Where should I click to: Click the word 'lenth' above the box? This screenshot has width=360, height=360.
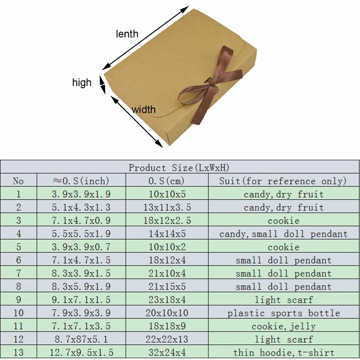(x=127, y=34)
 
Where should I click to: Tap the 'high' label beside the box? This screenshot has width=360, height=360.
(x=81, y=82)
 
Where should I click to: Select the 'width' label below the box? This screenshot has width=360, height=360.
(x=143, y=109)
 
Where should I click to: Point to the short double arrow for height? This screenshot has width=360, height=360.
(x=103, y=84)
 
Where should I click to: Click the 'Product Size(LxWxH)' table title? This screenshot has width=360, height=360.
(x=179, y=168)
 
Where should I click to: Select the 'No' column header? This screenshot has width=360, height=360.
(x=18, y=181)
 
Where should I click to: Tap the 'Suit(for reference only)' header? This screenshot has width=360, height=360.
(x=283, y=181)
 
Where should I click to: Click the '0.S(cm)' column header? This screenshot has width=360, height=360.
(x=167, y=181)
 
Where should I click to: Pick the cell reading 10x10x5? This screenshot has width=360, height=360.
(x=167, y=194)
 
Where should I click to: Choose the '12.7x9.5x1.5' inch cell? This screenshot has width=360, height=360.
(x=81, y=353)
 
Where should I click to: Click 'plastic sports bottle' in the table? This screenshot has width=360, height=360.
(x=283, y=313)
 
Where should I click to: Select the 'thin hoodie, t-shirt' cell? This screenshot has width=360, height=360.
(x=283, y=353)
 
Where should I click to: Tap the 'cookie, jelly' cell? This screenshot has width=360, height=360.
(x=283, y=326)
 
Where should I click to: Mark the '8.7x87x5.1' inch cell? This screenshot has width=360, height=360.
(x=81, y=340)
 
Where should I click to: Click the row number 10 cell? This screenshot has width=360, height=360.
(x=18, y=313)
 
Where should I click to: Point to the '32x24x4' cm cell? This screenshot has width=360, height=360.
(x=167, y=353)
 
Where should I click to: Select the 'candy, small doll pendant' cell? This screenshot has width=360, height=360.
(x=283, y=234)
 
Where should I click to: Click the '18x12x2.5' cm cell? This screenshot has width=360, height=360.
(x=167, y=221)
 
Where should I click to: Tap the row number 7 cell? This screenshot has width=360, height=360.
(x=18, y=274)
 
